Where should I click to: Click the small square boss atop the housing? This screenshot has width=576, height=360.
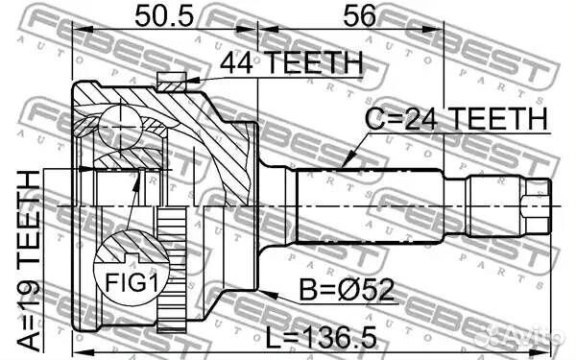point(171,79)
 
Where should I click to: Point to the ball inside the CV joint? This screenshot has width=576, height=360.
point(116,124)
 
